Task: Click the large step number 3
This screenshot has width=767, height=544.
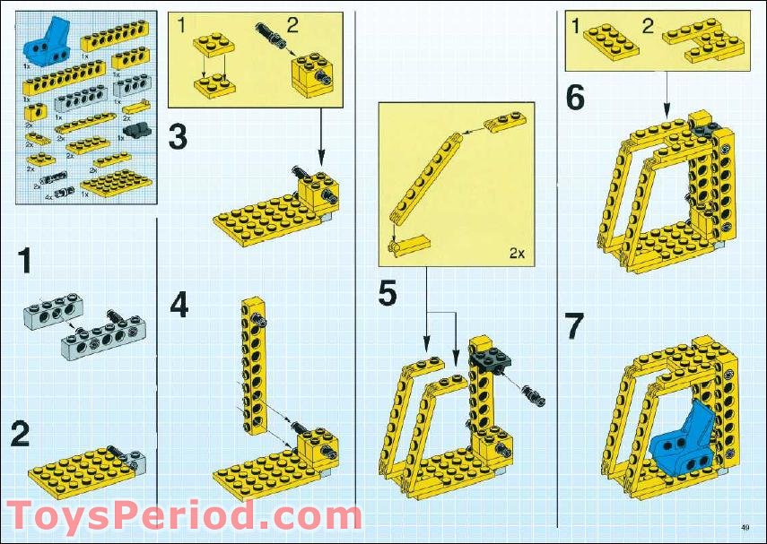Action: click(178, 137)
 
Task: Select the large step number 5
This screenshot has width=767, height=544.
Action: click(387, 293)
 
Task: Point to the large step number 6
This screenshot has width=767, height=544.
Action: click(575, 98)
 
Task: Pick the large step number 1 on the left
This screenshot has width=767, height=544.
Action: click(26, 262)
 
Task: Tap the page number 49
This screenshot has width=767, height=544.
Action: click(745, 526)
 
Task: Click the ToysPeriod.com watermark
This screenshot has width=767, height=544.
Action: click(183, 517)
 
